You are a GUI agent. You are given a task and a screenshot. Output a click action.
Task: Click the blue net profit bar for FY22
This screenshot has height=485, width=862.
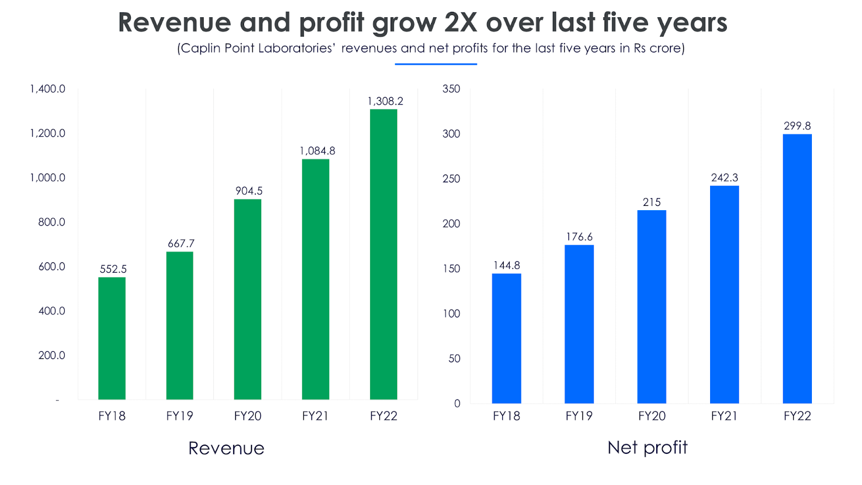point(797,269)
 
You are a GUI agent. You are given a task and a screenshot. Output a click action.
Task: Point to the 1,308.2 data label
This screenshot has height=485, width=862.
point(385,101)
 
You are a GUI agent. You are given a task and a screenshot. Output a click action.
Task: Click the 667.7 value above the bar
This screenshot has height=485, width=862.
point(181,244)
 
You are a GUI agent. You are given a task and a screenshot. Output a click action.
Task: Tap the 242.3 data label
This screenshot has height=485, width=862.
point(725,178)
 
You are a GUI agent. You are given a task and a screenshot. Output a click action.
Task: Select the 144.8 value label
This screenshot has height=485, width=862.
point(506,265)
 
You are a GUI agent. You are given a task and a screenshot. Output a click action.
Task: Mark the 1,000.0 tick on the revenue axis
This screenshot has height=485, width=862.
point(47,178)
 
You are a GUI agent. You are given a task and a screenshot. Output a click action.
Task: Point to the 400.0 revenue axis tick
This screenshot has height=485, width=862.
point(52,311)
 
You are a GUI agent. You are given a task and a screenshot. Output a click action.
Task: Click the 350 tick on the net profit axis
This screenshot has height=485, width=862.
point(451,89)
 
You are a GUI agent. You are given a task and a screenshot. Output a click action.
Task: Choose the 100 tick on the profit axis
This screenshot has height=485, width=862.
point(451,314)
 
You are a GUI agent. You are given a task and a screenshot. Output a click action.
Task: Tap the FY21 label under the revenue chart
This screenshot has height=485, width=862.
point(315,416)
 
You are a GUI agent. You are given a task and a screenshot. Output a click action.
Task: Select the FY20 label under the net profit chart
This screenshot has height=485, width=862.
point(652,416)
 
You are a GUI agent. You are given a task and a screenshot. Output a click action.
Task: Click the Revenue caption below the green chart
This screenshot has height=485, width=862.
point(226,448)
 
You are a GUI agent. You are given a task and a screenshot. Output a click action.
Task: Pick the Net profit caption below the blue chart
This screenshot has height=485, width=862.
point(648,447)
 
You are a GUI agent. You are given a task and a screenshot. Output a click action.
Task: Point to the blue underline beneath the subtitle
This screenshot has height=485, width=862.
point(436,64)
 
